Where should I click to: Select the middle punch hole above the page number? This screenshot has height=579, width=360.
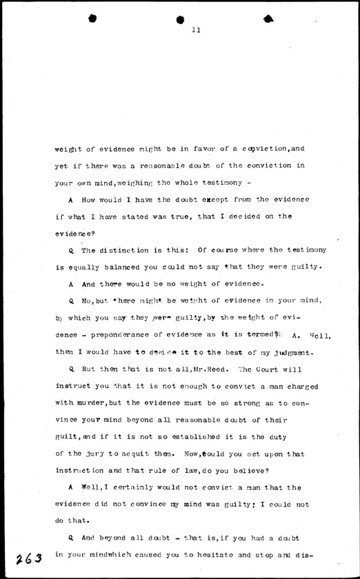tap(181, 19)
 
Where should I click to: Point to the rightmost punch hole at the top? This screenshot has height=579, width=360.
tap(270, 17)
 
